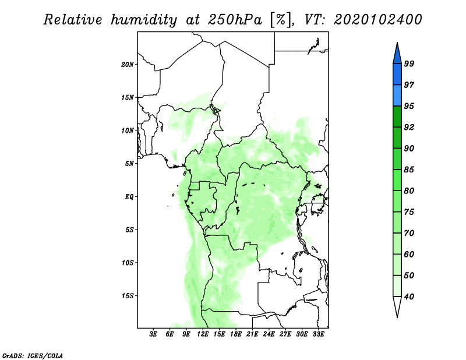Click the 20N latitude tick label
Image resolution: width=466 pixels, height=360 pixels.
coord(128,65)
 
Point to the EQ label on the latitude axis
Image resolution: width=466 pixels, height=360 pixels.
coord(129,197)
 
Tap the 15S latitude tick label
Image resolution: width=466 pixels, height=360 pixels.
coord(128,296)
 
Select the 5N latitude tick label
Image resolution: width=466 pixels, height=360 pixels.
coord(129,164)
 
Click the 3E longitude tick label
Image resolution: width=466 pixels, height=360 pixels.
coord(153,334)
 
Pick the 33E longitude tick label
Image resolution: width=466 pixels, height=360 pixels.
coord(318,334)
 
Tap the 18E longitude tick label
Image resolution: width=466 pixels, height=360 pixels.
coord(236,334)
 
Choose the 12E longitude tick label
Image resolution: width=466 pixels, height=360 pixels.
coord(203,334)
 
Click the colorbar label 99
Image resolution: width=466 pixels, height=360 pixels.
coord(409,63)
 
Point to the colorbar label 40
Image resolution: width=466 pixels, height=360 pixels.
coord(409,297)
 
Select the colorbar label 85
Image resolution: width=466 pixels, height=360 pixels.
coord(409,170)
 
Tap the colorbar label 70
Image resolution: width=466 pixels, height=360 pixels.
coord(409,233)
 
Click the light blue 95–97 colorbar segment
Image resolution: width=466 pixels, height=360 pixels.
coord(397,96)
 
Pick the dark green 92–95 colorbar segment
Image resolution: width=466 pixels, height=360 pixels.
coord(397,117)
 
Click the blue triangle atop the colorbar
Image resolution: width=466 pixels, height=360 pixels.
coord(397,54)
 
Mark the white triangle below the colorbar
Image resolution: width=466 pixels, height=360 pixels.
coord(397,306)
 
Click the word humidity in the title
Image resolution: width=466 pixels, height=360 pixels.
coord(144,20)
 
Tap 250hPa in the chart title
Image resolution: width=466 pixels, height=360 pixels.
coord(235,20)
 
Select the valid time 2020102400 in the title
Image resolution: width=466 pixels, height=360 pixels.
coord(377,20)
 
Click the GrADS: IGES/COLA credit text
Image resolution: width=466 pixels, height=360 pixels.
coord(33,356)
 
